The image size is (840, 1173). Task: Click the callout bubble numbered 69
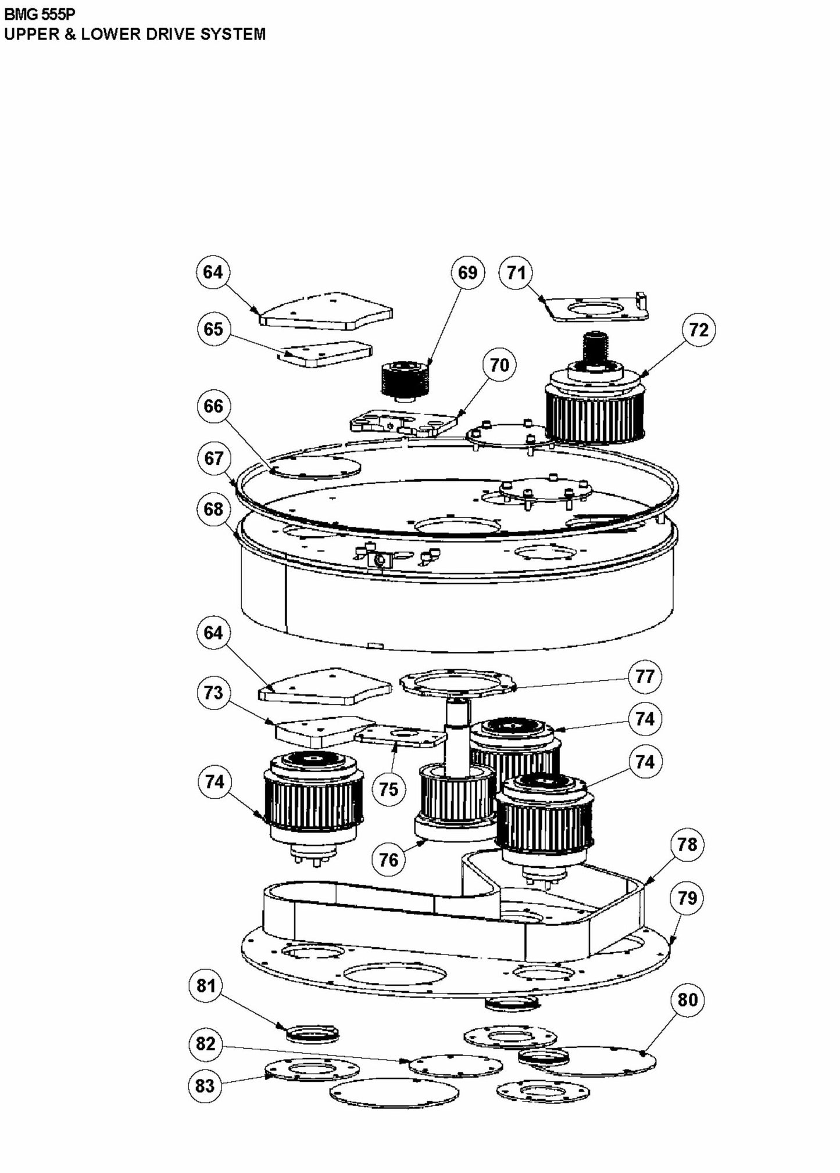click(x=467, y=272)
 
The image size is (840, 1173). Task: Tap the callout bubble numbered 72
click(x=698, y=329)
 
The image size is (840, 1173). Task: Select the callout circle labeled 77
click(x=645, y=676)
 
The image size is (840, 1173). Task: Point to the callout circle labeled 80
click(x=687, y=1000)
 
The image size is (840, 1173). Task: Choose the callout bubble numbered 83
click(x=205, y=1085)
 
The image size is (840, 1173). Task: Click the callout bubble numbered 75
click(x=388, y=789)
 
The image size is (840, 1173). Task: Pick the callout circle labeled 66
click(x=213, y=406)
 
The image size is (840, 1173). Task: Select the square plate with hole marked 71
click(x=599, y=309)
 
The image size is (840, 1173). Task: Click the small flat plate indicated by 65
click(x=326, y=353)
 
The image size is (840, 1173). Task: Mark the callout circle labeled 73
click(x=213, y=693)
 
